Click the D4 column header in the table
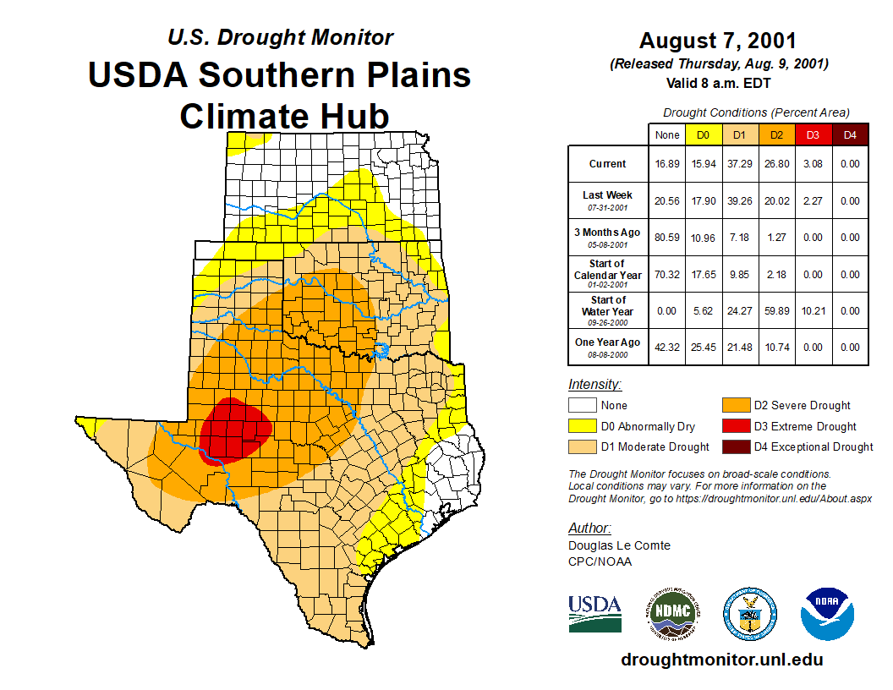(850, 134)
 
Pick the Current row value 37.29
(738, 164)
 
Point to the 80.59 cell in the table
(667, 238)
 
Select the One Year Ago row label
(608, 347)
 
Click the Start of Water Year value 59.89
(775, 311)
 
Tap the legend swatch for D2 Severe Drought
(734, 405)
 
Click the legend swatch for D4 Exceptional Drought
(734, 446)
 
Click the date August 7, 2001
(717, 41)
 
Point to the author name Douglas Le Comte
(619, 545)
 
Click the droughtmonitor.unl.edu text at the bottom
(721, 660)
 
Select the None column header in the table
(667, 134)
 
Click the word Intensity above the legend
(594, 385)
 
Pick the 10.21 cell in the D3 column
(813, 311)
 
